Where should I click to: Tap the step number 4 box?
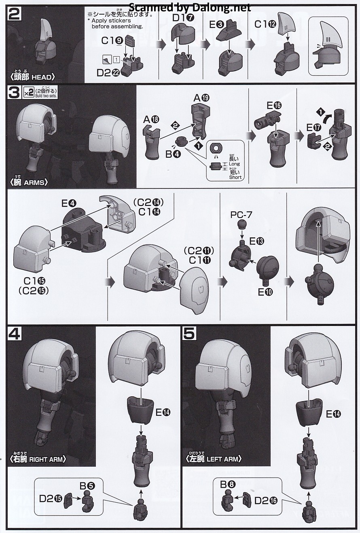tap(15, 334)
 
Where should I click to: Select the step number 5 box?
tap(189, 334)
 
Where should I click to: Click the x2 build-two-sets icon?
tap(28, 93)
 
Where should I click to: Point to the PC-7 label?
tap(241, 215)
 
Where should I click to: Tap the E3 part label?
tap(217, 25)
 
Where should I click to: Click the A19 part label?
tap(201, 97)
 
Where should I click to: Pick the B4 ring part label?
tap(173, 154)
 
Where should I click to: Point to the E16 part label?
tap(274, 105)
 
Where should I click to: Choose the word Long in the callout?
tap(234, 164)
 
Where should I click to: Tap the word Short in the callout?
tap(235, 177)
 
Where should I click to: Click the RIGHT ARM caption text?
tap(47, 459)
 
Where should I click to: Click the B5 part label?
tap(87, 486)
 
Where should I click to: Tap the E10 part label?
tap(265, 292)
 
